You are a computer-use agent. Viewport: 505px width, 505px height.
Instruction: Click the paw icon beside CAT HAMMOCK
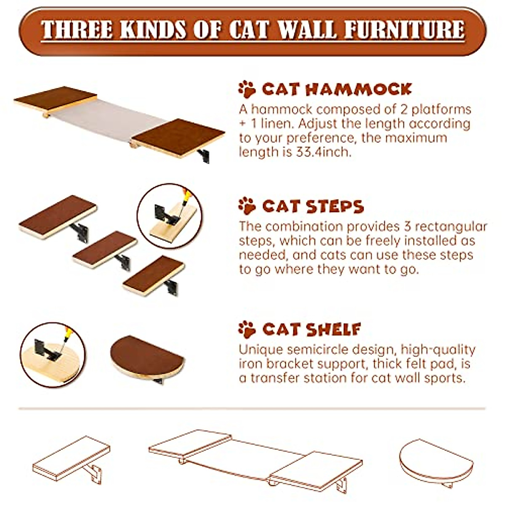pyautogui.click(x=247, y=89)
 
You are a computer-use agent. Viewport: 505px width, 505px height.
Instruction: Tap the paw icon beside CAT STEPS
pyautogui.click(x=247, y=206)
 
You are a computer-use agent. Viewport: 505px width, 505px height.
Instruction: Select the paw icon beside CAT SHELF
pyautogui.click(x=247, y=329)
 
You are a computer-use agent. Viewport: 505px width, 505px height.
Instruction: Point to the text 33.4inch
pyautogui.click(x=323, y=152)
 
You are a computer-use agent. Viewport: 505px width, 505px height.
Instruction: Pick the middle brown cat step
pyautogui.click(x=105, y=249)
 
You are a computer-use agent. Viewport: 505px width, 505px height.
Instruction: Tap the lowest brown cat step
pyautogui.click(x=154, y=275)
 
